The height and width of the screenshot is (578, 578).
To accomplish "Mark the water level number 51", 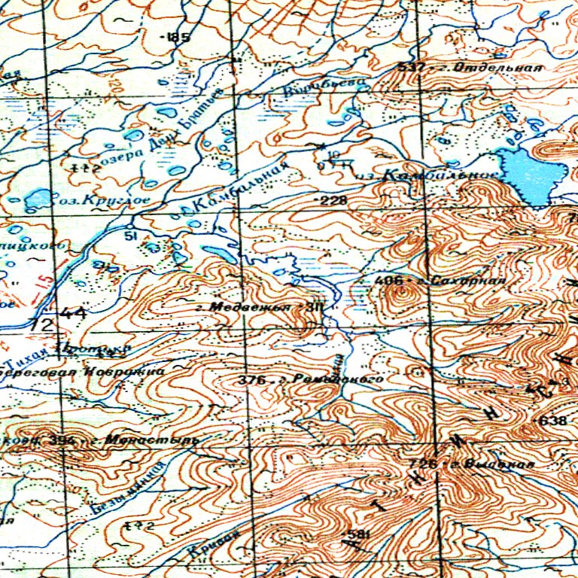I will [129, 236].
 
